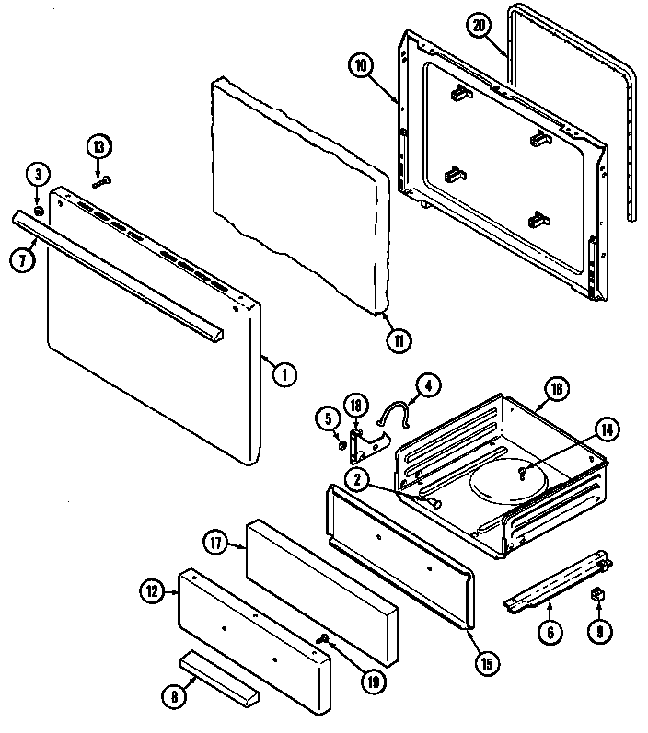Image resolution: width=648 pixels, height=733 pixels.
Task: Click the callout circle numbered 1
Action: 285,374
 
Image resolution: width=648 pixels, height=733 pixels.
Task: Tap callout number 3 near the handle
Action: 37,173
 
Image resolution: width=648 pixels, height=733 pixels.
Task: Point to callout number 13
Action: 99,146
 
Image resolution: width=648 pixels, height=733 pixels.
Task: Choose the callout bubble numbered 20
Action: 476,26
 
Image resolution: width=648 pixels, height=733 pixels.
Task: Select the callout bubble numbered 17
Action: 215,543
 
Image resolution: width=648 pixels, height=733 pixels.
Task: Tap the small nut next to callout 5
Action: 342,446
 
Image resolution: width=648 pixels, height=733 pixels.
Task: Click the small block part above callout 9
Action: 596,593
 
